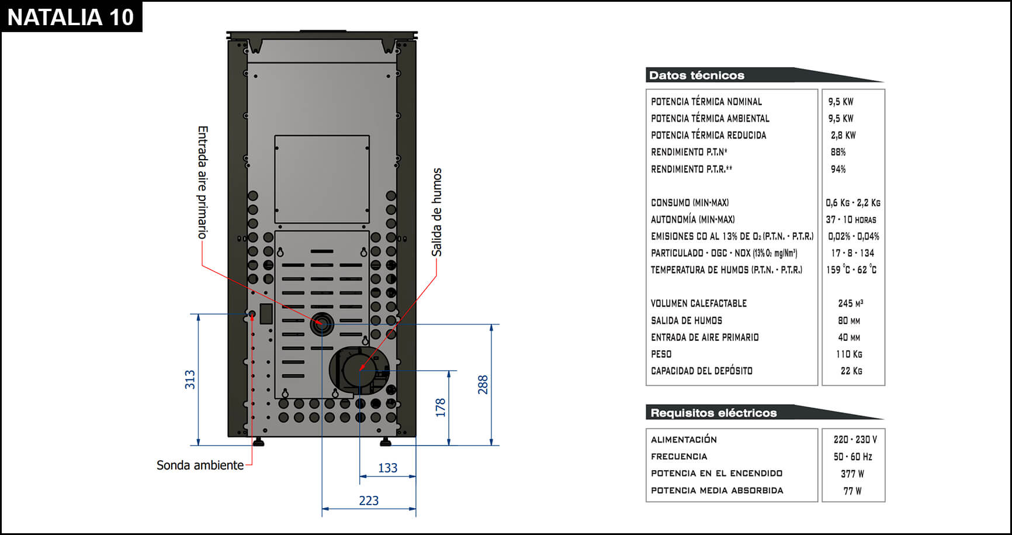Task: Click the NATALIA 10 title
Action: coord(71,17)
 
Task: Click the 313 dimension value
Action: coord(190,379)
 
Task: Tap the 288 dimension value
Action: coord(483,385)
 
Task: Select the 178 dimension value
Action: coord(441,408)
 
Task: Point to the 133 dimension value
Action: coord(387,468)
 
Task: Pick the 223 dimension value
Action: coord(369,501)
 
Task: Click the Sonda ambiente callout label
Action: coord(200,465)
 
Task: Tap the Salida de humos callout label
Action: coord(436,212)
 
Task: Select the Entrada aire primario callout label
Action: coord(202,182)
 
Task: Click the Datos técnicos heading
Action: coord(696,75)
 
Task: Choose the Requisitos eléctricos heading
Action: coord(713,413)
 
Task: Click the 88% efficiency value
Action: coord(838,152)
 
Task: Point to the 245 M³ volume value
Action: coord(850,303)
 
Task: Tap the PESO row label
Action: coord(661,354)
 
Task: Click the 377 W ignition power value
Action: coord(852,474)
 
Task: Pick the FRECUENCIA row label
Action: coord(679,457)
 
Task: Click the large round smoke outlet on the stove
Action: coord(359,370)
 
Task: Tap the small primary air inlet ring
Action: coord(321,324)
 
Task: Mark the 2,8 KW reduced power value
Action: coord(843,135)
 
